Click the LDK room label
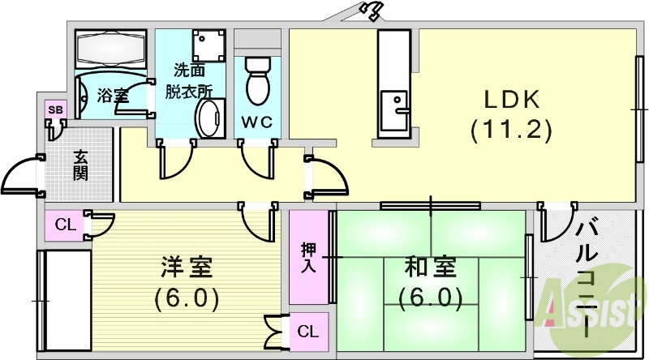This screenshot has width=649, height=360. click(512, 100)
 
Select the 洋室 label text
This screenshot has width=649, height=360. click(186, 267)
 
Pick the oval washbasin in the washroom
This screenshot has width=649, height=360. click(209, 120)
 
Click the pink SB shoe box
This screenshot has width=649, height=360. click(55, 110)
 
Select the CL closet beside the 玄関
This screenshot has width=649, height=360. click(65, 225)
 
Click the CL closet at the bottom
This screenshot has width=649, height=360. click(307, 331)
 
